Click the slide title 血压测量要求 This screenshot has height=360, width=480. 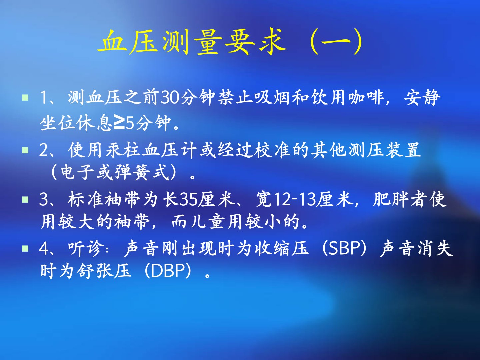coord(192,42)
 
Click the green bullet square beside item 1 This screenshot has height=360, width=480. coord(25,97)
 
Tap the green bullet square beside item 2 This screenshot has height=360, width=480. coord(25,150)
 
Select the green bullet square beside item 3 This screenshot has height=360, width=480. coord(25,200)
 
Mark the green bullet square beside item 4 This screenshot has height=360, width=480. coord(25,249)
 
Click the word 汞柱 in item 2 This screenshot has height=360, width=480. coord(124,150)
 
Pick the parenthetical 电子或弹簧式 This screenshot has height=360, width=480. coord(114,172)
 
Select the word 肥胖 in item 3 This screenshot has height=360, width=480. coord(390,200)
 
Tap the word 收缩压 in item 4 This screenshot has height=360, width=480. coord(281,249)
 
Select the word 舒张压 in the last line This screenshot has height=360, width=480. coord(104,271)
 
